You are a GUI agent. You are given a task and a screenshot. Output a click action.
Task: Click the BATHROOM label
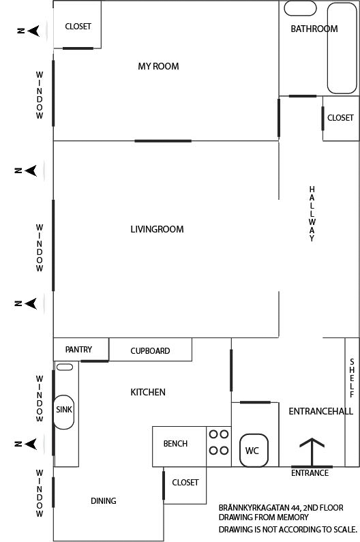pos(314,29)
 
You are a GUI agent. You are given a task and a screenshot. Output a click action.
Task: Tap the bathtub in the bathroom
pos(342,48)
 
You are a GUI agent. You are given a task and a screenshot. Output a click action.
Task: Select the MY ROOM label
pos(158,66)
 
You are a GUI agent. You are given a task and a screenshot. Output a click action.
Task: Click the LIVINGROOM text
pos(157,229)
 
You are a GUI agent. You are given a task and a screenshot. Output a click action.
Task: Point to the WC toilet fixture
pos(254,451)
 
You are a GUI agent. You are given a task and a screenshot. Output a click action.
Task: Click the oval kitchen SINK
pos(64,412)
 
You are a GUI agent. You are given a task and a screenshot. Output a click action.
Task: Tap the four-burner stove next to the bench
pos(219,447)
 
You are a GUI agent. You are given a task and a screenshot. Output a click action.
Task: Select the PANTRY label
pos(78,350)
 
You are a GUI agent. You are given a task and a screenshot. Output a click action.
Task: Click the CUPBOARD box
pos(151,350)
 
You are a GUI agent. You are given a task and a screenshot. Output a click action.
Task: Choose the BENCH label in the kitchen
pos(175,444)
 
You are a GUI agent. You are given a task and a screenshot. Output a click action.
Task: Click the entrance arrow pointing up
pos(312,452)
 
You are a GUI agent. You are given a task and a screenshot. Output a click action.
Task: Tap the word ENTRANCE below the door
pos(310,473)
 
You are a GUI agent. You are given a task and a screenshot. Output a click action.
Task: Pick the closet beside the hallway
pos(341,118)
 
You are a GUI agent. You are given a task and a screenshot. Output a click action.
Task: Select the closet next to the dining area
pos(185,485)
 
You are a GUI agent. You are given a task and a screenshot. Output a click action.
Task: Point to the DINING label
pos(104,500)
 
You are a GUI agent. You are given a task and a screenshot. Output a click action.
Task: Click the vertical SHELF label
pos(352,378)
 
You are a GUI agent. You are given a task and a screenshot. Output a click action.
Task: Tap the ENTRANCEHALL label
pos(321,411)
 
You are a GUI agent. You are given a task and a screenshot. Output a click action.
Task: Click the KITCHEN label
pos(148,392)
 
